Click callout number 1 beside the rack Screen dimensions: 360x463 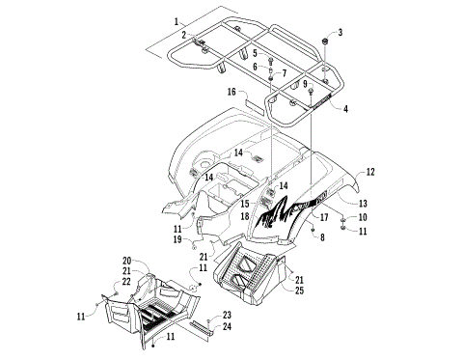177,21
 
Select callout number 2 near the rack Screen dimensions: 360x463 183,35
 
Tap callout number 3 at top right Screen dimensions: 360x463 340,33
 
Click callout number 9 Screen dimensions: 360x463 305,85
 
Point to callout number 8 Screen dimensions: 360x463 321,236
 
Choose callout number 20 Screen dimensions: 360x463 126,262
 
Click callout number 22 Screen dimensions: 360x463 126,281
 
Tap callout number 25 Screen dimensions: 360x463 300,291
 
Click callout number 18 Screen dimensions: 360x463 246,217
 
